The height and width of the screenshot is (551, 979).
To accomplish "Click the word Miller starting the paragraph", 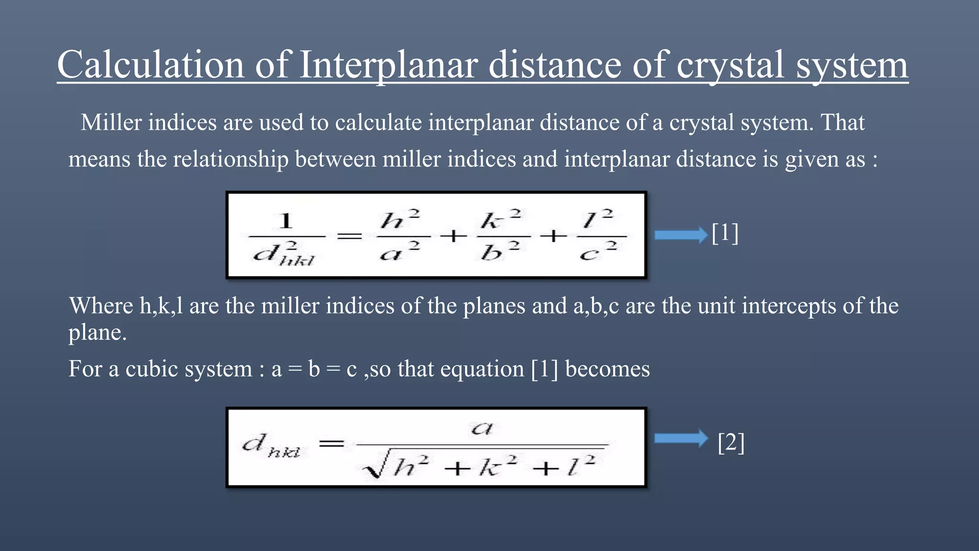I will coord(111,122).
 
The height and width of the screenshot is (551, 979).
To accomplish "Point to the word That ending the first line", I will coord(842,122).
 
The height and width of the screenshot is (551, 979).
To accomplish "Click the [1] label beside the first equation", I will coord(725,233).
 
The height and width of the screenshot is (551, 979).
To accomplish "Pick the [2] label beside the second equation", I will coord(731,442).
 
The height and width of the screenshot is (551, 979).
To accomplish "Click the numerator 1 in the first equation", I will coord(285,221).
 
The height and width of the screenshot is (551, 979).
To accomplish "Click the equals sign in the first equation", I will coord(349,236).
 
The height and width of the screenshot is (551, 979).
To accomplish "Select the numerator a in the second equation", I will coord(481,428).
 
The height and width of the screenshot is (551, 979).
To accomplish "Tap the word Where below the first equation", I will coord(100,306).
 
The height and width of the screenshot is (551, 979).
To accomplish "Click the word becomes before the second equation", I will coord(607,369).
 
